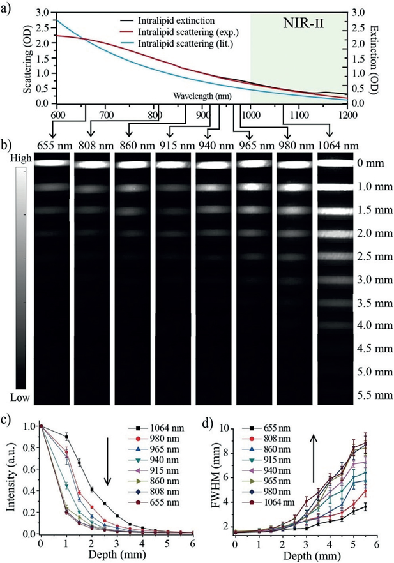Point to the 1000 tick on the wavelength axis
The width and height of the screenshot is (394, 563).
point(250,116)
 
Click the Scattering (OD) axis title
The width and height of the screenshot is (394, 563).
point(29,56)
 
